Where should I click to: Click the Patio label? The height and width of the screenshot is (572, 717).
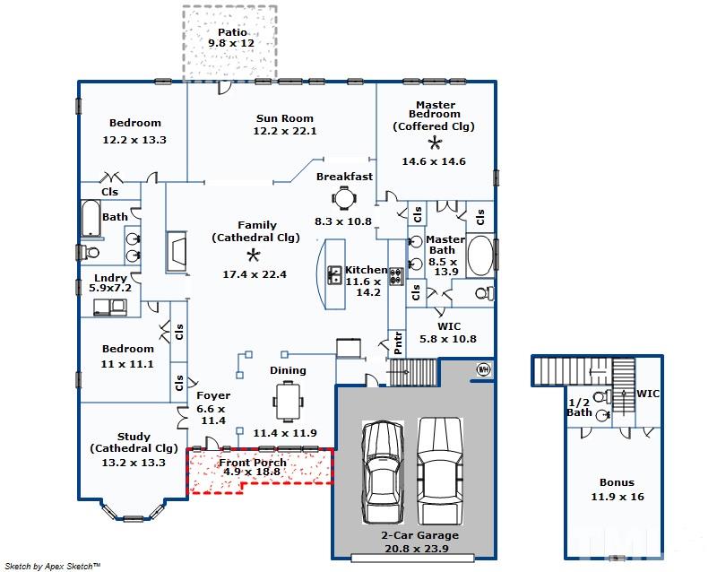(232, 32)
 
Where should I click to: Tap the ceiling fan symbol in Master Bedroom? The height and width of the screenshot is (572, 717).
(435, 143)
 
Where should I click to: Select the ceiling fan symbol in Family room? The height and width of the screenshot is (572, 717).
(254, 255)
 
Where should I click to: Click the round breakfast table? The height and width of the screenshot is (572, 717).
(344, 199)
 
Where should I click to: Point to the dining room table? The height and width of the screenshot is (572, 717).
(288, 403)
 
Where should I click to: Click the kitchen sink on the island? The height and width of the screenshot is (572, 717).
(334, 275)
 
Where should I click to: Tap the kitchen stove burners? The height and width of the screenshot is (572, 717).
(396, 276)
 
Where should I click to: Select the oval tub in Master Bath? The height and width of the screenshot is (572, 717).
(480, 256)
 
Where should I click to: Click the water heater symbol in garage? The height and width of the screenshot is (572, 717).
(483, 368)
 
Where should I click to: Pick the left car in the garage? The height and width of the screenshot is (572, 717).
(383, 472)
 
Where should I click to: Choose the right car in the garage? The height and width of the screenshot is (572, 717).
(440, 471)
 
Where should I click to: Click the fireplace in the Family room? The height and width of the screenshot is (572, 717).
(177, 252)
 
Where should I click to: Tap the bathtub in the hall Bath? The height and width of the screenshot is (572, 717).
(91, 218)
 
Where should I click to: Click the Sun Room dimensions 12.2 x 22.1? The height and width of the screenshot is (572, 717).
(285, 131)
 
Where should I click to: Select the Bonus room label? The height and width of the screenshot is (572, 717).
(617, 482)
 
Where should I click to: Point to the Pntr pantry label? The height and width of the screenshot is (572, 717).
(398, 343)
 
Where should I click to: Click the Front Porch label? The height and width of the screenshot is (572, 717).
(253, 463)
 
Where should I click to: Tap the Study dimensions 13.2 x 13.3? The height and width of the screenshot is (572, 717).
(134, 463)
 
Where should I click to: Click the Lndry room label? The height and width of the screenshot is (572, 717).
(110, 278)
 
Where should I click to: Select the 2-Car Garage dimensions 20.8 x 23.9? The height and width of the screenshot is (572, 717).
(417, 548)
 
